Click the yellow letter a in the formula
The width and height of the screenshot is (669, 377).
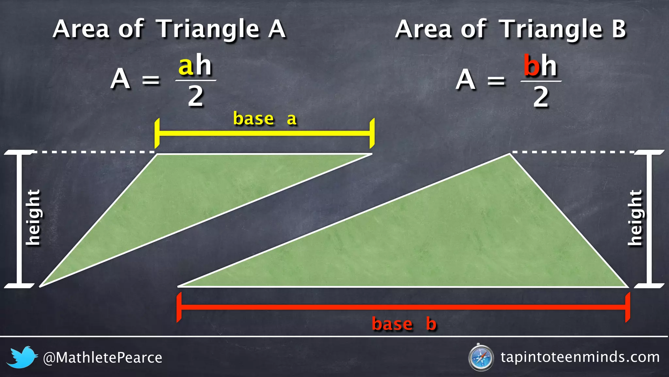186,66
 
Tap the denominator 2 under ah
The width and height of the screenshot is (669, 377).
195,97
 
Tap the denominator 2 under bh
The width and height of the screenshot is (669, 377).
541,97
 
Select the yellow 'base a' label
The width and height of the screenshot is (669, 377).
265,119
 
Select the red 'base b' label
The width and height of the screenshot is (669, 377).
404,324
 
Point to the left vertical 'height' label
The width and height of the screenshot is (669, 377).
33,217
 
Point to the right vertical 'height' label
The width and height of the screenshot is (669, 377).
635,217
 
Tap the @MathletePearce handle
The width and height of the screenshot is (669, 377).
103,358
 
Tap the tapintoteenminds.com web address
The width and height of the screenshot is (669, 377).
580,357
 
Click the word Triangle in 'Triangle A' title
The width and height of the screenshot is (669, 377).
208,29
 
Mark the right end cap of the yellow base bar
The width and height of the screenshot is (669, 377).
372,134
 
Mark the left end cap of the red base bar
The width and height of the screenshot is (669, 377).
179,307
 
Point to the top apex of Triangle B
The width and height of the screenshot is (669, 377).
509,154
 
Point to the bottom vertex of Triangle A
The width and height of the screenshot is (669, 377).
41,286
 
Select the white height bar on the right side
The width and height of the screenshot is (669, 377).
649,219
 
